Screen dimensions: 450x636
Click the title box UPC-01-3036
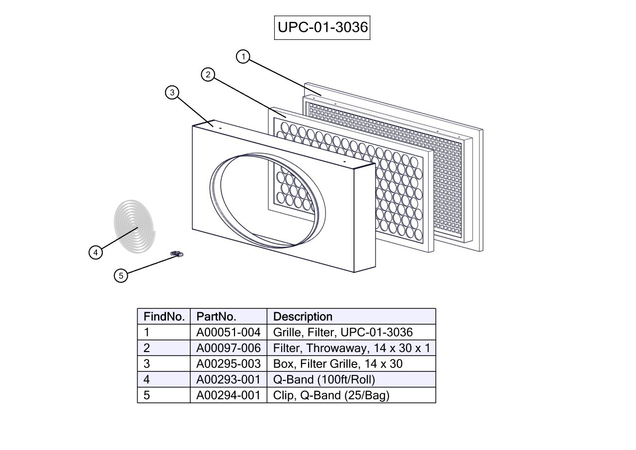[x=322, y=27]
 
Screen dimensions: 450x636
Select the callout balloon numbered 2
[x=208, y=75]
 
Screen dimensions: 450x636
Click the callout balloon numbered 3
[x=172, y=92]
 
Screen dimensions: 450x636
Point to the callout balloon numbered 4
[x=96, y=253]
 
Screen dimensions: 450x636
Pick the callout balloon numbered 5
[x=120, y=275]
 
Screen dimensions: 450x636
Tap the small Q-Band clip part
[x=176, y=255]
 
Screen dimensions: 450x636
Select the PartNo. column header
[x=217, y=317]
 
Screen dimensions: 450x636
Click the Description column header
[x=303, y=317]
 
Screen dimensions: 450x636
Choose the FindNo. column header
[x=164, y=317]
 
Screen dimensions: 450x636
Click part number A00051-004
[x=228, y=332]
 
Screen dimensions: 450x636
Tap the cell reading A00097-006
[x=228, y=348]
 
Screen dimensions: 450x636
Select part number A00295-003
[x=228, y=364]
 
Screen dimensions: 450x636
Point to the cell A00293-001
[x=228, y=380]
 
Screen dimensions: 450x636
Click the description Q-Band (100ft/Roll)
[x=324, y=380]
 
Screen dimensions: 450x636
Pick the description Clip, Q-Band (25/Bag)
[x=331, y=396]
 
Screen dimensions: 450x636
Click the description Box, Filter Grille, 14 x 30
[x=338, y=364]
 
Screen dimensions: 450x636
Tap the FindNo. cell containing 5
[x=147, y=396]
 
